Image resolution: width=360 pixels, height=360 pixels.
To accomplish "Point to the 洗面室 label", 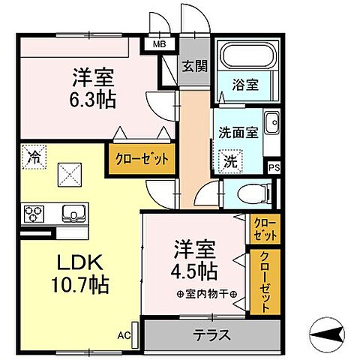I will point(238,132).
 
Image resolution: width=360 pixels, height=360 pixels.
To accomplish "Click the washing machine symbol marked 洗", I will point(231,160).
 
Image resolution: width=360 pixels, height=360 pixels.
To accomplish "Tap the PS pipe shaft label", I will point(274,167).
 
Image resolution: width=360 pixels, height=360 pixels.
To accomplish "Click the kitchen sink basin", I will point(73,214).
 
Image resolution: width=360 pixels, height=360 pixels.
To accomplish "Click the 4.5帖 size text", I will point(196,269).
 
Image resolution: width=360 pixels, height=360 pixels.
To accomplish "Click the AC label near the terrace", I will point(124,335).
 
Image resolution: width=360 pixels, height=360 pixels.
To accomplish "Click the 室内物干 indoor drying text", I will point(206,293).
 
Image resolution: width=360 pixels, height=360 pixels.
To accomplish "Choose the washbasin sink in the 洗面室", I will point(271,120).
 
